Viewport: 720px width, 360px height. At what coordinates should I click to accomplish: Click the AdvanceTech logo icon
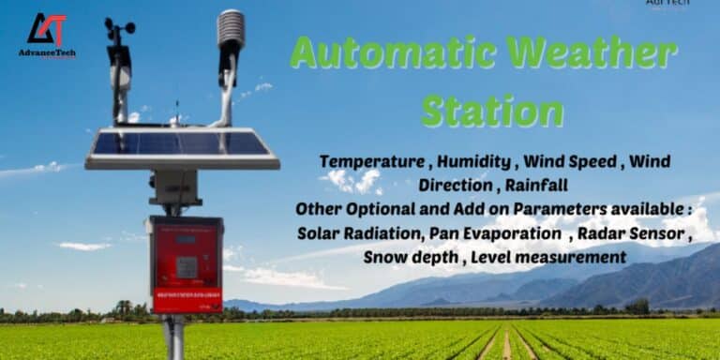click(47, 29)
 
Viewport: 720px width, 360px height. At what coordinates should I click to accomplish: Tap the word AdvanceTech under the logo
click(47, 53)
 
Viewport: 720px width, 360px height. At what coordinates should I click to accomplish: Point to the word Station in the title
click(492, 112)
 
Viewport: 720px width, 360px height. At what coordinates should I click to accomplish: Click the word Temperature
click(371, 161)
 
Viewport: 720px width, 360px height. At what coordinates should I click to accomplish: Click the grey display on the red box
click(187, 267)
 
